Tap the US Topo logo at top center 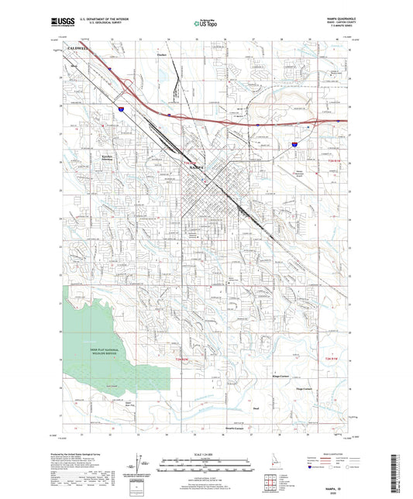(x=204, y=24)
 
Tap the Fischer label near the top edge (x=162, y=55)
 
